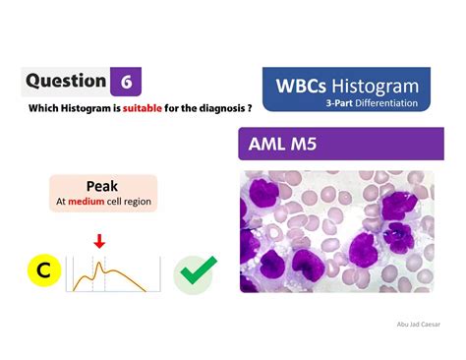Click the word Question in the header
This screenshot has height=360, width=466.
(66, 81)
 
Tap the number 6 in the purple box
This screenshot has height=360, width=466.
(125, 82)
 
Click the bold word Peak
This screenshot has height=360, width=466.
(102, 186)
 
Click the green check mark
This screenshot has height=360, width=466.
(195, 274)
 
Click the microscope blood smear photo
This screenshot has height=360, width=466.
(336, 231)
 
